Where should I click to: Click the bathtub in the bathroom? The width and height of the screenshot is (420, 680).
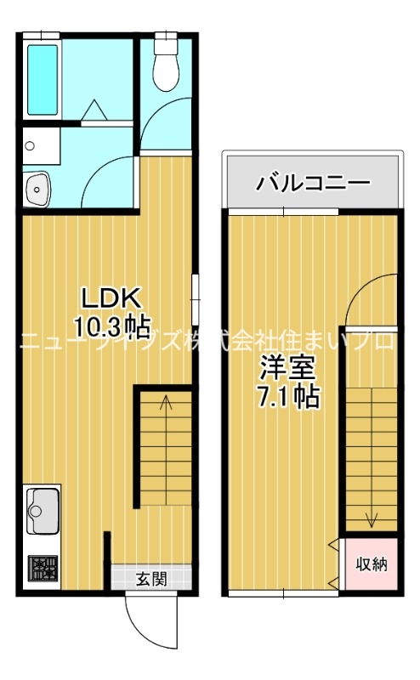[x=43, y=78]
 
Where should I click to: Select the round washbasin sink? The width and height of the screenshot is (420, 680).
[x=37, y=188]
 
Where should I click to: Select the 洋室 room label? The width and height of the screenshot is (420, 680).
[x=289, y=370]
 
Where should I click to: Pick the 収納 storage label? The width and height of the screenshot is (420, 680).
[x=372, y=564]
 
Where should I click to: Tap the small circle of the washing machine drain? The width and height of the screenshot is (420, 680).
[x=30, y=145]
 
